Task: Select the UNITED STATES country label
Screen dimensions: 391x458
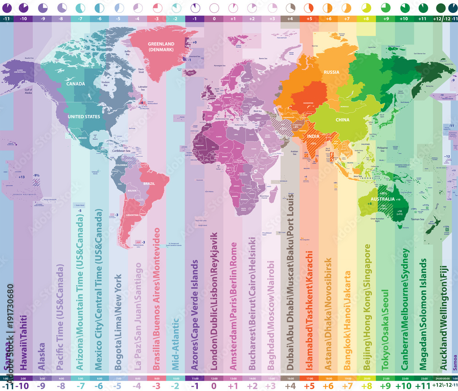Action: [84, 116]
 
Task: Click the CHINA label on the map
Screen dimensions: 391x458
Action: [342, 120]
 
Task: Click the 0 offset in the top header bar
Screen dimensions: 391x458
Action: [214, 19]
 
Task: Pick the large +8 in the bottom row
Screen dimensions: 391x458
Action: [366, 386]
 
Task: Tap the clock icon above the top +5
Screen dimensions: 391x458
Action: [309, 8]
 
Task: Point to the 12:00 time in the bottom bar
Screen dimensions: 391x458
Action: [214, 378]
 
